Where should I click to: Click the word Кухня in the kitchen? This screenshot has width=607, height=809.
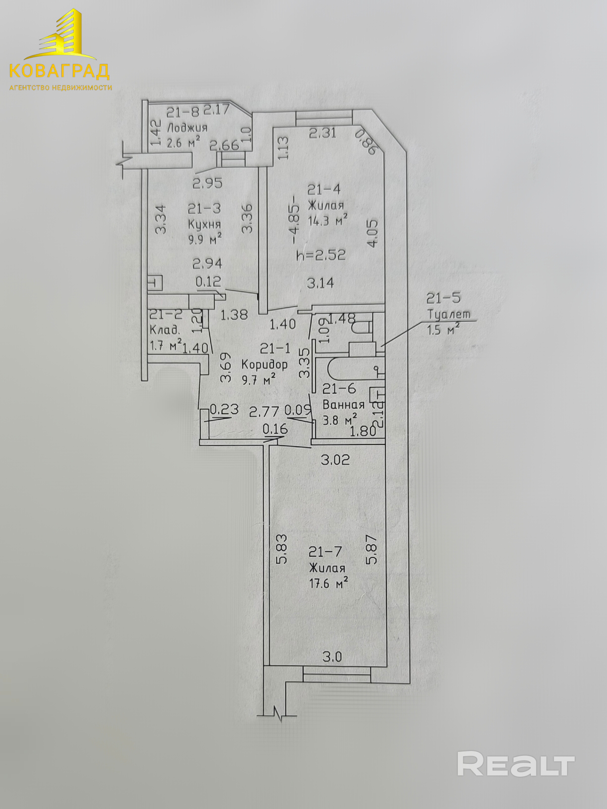point(205,224)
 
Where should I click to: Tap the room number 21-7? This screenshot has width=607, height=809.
point(325,551)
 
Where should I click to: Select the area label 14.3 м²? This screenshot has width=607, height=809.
point(328,221)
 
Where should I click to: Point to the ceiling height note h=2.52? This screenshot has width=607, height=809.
point(321,255)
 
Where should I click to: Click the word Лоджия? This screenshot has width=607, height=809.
point(187,128)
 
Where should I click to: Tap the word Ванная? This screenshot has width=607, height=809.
point(344,404)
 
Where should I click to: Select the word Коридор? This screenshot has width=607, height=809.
point(265,364)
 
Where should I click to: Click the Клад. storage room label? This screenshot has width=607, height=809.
point(165,330)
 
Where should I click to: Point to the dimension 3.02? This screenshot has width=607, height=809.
point(335,459)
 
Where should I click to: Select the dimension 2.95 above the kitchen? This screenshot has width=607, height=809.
point(208,183)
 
